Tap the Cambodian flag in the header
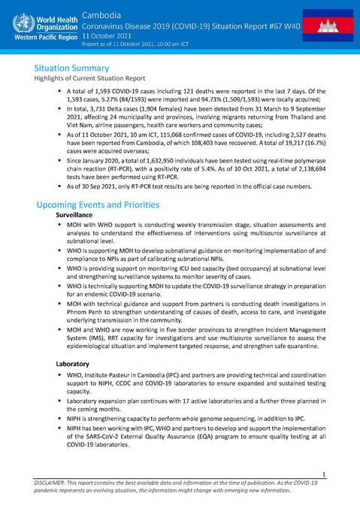(x=330, y=26)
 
